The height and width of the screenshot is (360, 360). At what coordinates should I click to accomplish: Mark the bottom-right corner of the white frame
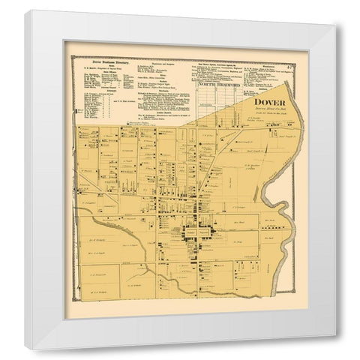334,348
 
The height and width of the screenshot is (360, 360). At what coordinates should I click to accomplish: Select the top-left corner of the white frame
25,11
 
